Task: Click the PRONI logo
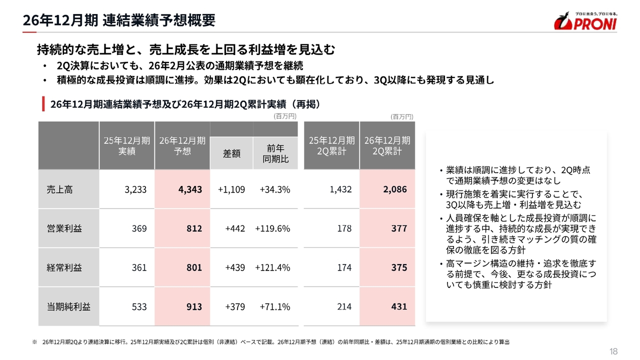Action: pos(585,21)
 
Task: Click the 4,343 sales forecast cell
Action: pos(190,189)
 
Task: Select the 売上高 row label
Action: pos(59,189)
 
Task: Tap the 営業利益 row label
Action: pos(64,228)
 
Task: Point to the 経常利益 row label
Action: pos(64,267)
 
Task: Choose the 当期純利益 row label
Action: pos(68,307)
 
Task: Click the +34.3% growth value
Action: pos(275,189)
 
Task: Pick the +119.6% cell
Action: pos(272,228)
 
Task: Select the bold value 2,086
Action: pos(395,189)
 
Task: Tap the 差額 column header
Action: pos(231,153)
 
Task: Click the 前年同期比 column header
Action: pos(275,153)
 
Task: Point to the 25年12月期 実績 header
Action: pos(126,145)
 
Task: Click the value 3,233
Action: pos(135,189)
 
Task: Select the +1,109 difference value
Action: pos(231,189)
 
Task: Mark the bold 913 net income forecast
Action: pos(194,307)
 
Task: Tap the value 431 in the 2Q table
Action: pos(399,306)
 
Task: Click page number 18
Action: pos(613,351)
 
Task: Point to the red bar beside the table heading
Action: pos(43,103)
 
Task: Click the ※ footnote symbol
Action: pos(34,342)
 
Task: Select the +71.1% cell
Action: pos(275,307)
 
